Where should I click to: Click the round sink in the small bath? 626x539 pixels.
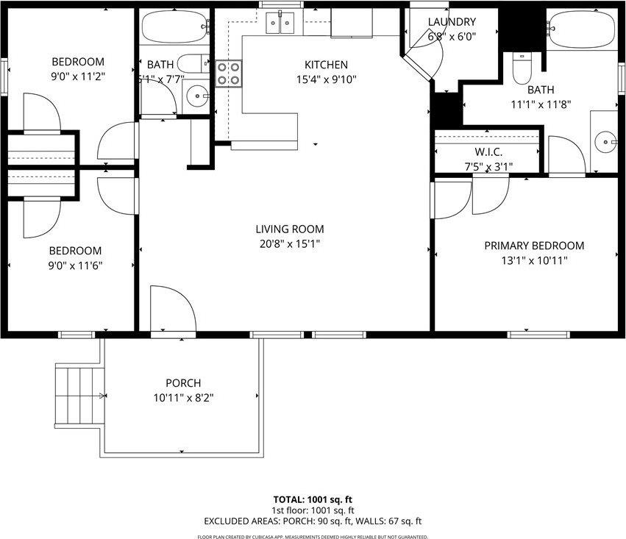pyautogui.click(x=196, y=95)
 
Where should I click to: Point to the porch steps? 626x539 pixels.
pyautogui.click(x=77, y=396)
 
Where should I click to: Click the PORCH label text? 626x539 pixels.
pyautogui.click(x=182, y=383)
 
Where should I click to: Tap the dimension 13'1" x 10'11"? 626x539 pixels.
pyautogui.click(x=534, y=260)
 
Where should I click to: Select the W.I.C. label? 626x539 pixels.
pyautogui.click(x=488, y=151)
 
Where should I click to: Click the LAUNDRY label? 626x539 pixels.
pyautogui.click(x=452, y=22)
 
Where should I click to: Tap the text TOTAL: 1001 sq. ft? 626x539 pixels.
pyautogui.click(x=313, y=499)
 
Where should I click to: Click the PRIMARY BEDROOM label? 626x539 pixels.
pyautogui.click(x=534, y=246)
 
